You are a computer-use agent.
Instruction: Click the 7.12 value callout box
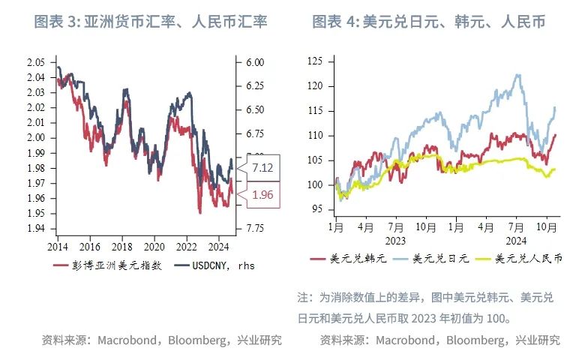262,167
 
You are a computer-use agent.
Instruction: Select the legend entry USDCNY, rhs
214,265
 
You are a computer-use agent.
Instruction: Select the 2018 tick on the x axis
121,246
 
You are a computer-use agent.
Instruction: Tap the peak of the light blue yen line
517,74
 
